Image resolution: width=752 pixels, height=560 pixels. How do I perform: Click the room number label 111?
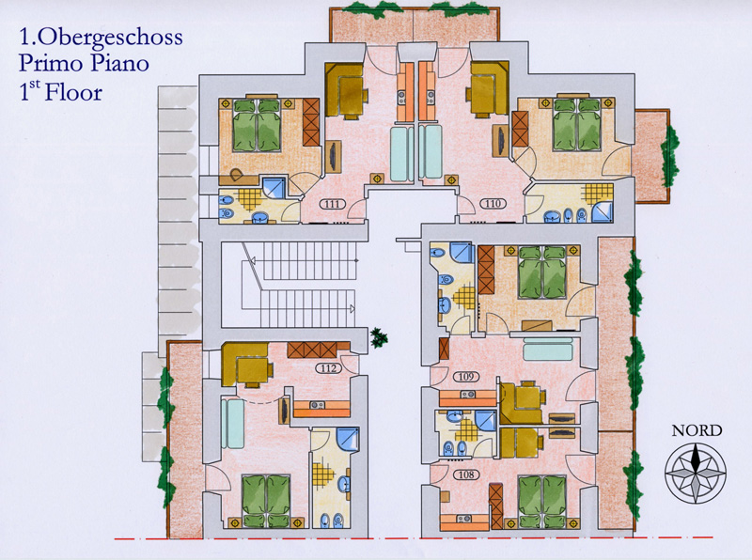tap(333, 204)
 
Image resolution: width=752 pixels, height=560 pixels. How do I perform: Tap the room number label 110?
tap(493, 204)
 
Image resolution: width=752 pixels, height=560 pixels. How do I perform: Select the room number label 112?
tap(328, 368)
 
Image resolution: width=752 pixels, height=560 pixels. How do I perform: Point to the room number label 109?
tap(465, 377)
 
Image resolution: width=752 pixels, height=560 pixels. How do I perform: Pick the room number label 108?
tap(465, 474)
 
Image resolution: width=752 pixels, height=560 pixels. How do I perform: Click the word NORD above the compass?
tap(697, 430)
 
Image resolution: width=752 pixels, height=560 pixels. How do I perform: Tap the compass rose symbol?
tap(695, 473)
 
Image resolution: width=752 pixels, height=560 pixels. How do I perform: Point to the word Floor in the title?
tap(73, 92)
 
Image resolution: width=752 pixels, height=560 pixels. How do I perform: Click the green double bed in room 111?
tap(256, 126)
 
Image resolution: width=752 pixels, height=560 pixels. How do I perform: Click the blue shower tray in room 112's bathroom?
tap(347, 439)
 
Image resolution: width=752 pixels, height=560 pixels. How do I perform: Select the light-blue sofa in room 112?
tap(232, 425)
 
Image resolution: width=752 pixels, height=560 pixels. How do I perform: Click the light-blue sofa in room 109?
tap(548, 349)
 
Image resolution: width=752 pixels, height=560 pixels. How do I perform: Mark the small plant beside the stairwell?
tap(379, 337)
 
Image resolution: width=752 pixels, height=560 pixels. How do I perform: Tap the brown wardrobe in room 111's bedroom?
tap(311, 122)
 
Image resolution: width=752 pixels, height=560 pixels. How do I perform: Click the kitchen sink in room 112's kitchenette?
tap(316, 405)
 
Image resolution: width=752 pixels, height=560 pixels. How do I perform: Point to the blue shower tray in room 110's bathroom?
tap(603, 211)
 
